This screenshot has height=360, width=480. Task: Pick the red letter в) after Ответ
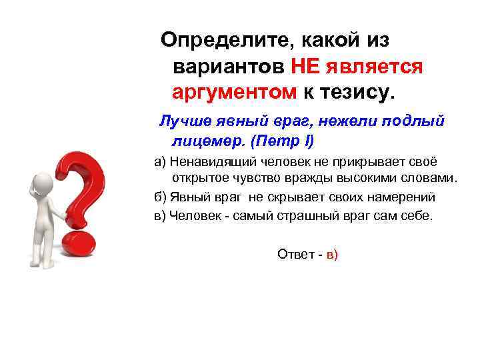click(x=332, y=254)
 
